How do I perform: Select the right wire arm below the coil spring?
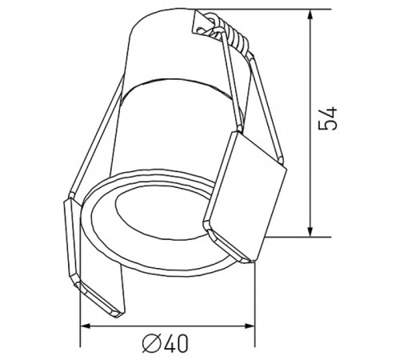248,88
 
